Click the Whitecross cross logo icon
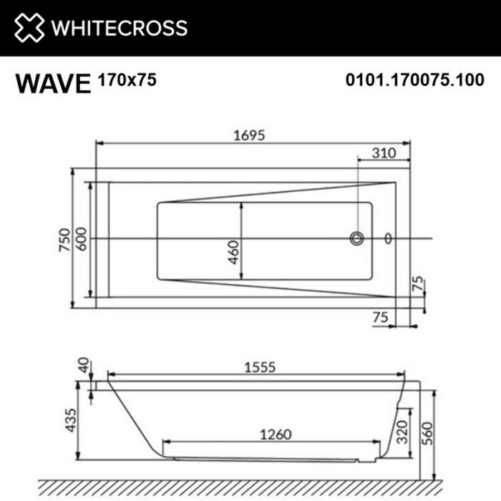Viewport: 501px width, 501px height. pyautogui.click(x=29, y=28)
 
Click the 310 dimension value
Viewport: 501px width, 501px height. pyautogui.click(x=384, y=152)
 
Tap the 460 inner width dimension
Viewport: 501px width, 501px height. pyautogui.click(x=233, y=252)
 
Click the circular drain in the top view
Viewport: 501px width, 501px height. pyautogui.click(x=356, y=238)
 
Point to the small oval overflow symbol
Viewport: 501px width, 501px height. pyautogui.click(x=389, y=238)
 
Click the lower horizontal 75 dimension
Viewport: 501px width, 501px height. pyautogui.click(x=381, y=317)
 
